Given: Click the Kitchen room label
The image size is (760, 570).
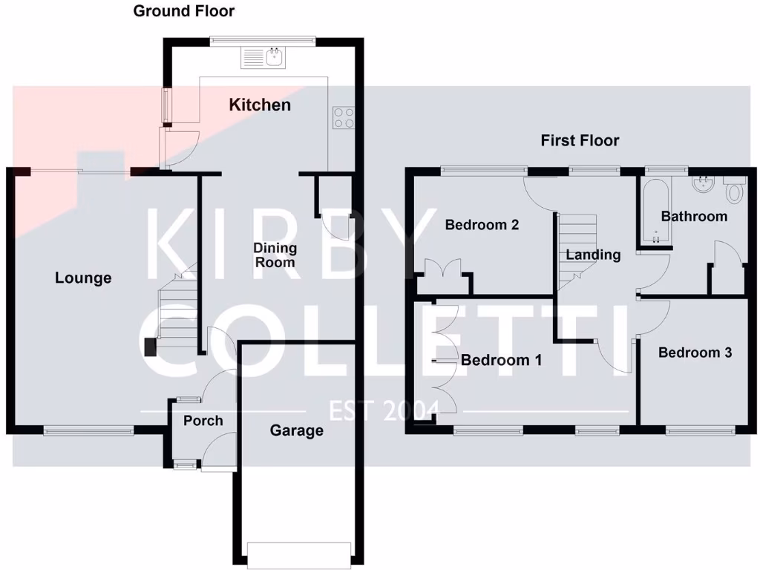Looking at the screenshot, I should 260,105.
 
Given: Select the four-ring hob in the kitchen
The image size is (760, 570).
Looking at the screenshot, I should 343,117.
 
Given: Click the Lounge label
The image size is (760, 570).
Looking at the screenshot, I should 83,278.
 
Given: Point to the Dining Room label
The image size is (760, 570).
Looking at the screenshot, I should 275,255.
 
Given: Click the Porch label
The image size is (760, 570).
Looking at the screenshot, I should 203,421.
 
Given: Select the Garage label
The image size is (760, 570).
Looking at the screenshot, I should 296,430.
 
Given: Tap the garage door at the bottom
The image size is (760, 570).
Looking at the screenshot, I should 298,553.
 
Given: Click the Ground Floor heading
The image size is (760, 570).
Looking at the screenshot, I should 184,11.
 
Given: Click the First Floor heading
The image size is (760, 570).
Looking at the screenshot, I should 580,140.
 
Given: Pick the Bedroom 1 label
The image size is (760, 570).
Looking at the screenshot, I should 501,361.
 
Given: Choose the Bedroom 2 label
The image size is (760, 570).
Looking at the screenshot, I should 482,225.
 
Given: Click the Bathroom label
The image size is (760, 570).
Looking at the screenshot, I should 694,217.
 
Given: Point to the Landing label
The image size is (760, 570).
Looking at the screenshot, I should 593,255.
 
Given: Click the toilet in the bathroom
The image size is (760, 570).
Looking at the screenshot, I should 734,191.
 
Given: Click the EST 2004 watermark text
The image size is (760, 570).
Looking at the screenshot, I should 384,410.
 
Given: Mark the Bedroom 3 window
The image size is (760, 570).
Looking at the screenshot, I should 701,430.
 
